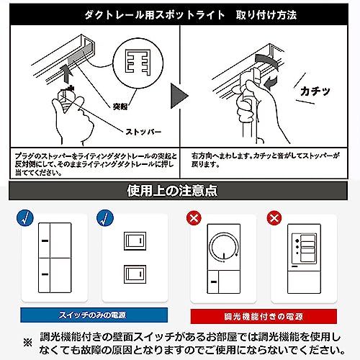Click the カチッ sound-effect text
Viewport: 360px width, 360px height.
tap(315, 91)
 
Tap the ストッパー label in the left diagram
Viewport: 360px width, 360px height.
tap(143, 132)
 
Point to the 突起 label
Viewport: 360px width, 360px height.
tap(120, 107)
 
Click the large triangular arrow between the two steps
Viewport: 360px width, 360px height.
tap(179, 96)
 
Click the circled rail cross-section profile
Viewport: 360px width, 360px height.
tap(138, 63)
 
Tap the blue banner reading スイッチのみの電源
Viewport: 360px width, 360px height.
tap(94, 315)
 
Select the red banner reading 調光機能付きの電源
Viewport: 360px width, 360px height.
tap(264, 316)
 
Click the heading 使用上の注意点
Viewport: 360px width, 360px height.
tap(172, 191)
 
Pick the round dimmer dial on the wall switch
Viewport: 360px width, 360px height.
tap(224, 247)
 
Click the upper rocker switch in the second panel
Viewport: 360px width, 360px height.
tap(135, 241)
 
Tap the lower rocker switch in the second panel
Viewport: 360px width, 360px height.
tap(135, 274)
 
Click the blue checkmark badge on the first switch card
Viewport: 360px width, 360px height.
tap(25, 218)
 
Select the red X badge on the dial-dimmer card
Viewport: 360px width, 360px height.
tap(194, 218)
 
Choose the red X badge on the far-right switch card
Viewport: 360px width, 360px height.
tap(274, 218)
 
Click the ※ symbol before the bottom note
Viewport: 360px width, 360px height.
tap(28, 343)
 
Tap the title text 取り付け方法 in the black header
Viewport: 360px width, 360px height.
tap(266, 15)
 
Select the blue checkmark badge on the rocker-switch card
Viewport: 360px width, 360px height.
tap(105, 218)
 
